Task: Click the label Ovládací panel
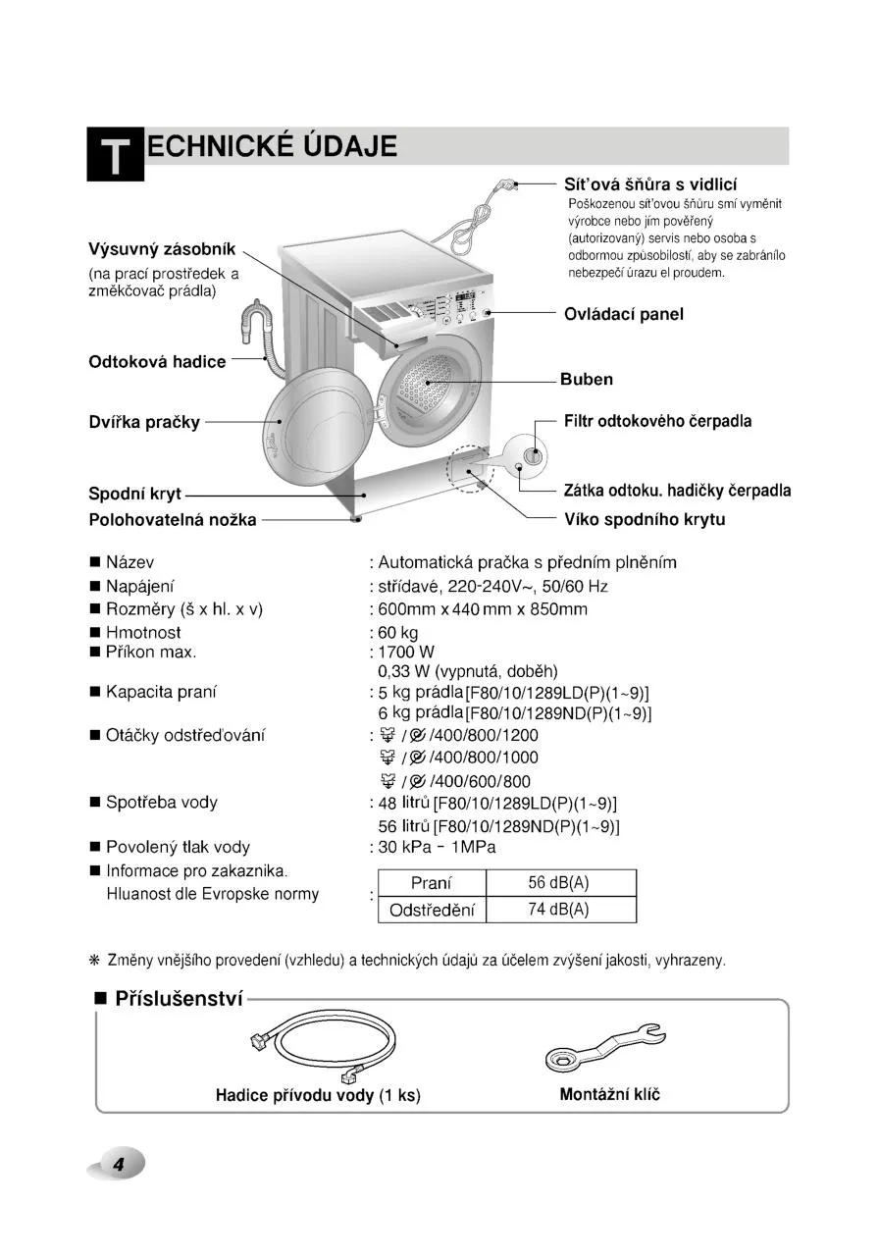(623, 314)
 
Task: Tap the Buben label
(586, 379)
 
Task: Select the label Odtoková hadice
(157, 361)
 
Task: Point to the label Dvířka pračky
(144, 422)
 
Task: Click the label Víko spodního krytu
(645, 519)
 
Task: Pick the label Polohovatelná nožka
(173, 519)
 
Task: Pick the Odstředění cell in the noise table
(432, 910)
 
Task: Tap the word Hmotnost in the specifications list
(143, 633)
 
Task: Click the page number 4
(118, 1165)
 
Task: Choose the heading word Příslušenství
(179, 1000)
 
